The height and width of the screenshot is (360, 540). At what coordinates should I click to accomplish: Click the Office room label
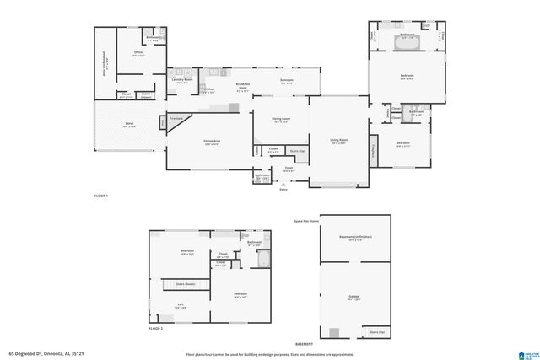pos(138,53)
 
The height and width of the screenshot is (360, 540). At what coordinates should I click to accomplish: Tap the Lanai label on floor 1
pos(129,125)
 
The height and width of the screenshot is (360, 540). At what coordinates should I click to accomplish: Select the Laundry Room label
pos(181,82)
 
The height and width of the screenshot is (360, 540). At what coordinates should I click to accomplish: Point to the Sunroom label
pos(286,81)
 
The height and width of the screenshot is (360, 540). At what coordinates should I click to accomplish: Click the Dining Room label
pos(281,120)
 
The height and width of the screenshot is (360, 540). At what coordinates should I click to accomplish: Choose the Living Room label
pos(339,141)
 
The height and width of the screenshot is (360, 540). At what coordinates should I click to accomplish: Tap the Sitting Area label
pos(212,142)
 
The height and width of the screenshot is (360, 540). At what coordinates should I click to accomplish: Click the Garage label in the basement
pos(354,297)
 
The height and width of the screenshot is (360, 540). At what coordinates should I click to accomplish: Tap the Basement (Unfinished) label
pos(355,238)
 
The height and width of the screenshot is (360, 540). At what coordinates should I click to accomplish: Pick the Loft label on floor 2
pos(181,305)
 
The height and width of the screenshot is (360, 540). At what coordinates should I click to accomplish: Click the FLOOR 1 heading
pos(101,196)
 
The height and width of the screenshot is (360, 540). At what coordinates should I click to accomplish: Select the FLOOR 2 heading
pos(156,327)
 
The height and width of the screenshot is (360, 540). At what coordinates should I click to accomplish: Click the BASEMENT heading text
pos(305,344)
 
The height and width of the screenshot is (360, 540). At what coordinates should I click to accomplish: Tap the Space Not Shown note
pos(306,221)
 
